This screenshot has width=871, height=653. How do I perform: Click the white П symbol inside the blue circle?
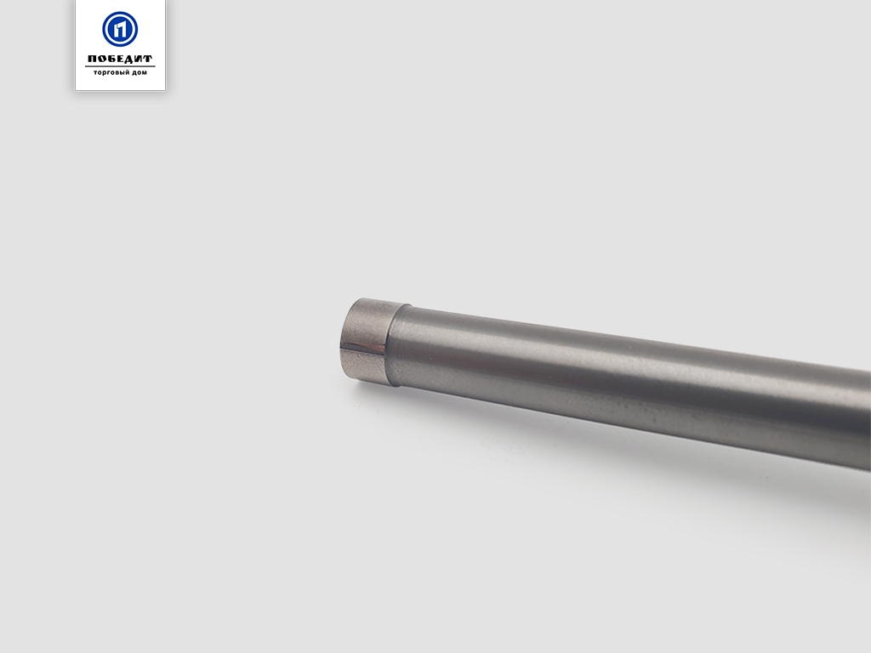(120, 29)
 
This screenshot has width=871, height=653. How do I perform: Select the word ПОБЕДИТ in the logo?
(120, 59)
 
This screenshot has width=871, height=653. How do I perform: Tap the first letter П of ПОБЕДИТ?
(92, 59)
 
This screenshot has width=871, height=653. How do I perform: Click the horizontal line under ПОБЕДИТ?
(120, 66)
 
